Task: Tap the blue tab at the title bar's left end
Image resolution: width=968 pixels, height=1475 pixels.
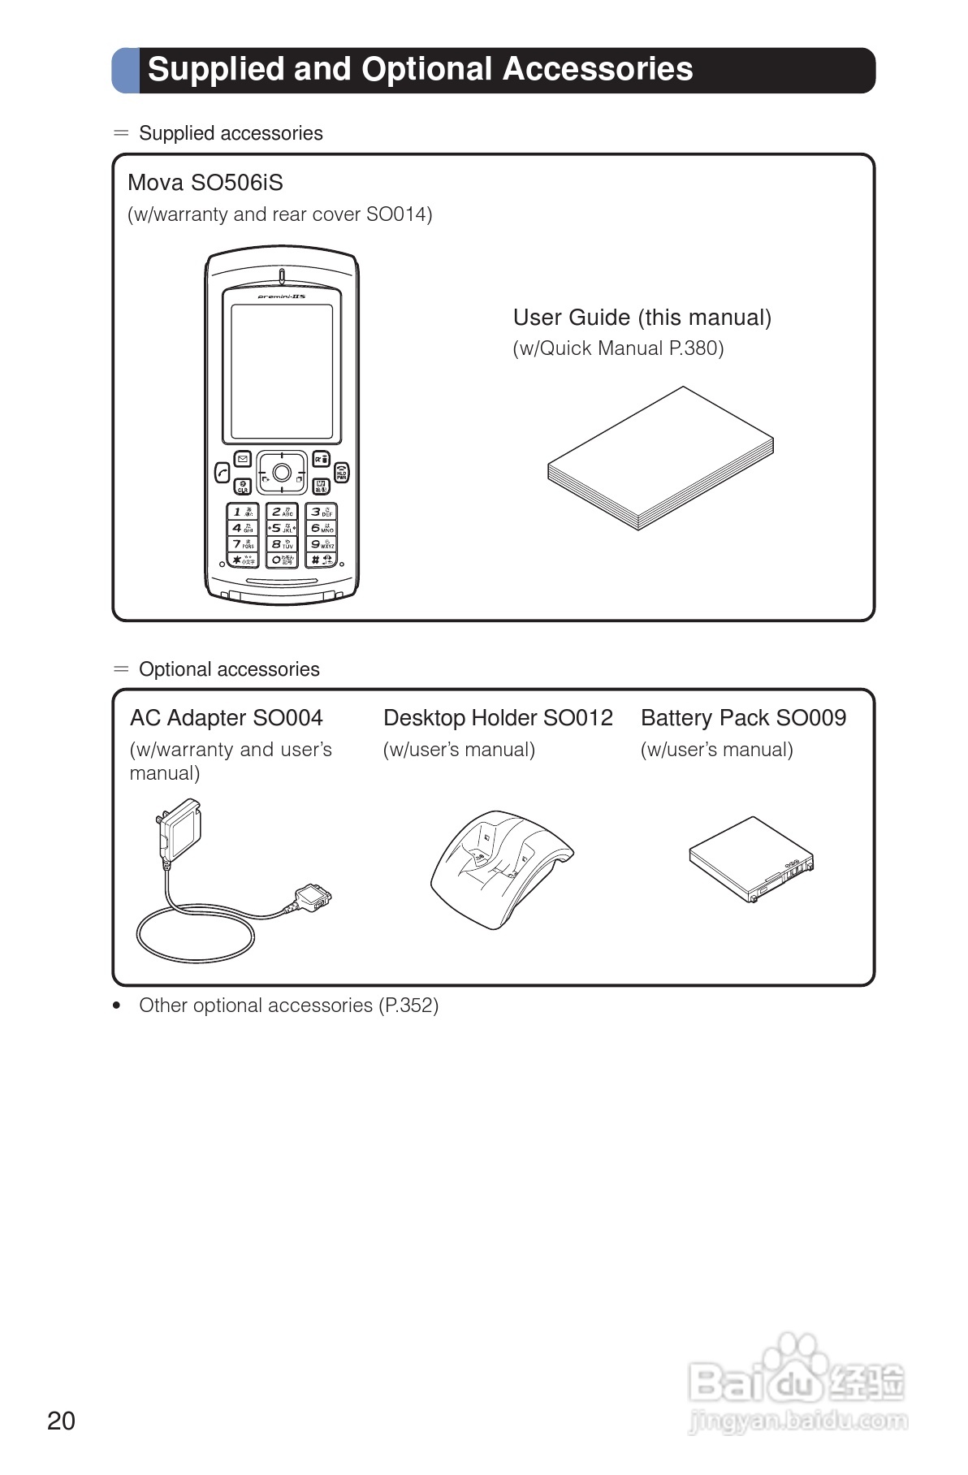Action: click(125, 71)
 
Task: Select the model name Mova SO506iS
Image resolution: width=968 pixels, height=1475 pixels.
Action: click(205, 183)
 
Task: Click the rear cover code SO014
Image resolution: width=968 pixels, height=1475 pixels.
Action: click(398, 214)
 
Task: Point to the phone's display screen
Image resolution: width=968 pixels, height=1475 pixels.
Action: click(282, 372)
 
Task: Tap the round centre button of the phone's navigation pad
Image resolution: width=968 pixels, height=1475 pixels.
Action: click(282, 473)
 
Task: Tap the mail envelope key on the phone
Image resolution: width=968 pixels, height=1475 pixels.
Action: click(243, 459)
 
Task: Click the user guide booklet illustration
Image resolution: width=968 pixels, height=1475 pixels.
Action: click(659, 459)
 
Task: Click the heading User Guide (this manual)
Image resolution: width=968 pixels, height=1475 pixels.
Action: click(642, 318)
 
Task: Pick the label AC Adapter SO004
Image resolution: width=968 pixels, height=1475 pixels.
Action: click(226, 718)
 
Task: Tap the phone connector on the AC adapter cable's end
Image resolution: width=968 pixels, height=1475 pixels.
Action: click(313, 898)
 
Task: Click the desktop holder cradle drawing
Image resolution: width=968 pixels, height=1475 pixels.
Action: click(498, 869)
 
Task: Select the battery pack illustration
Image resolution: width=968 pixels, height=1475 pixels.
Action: click(750, 859)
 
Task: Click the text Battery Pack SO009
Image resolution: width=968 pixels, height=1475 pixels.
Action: click(743, 718)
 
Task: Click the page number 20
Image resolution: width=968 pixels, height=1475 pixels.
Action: click(62, 1421)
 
